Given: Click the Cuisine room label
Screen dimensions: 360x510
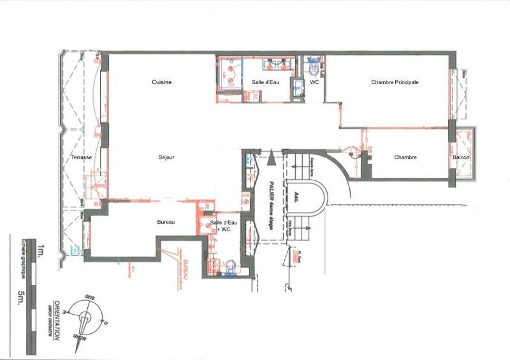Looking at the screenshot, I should (162, 82).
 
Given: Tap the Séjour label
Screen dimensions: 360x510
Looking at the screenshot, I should (167, 157).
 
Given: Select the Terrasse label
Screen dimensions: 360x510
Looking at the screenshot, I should (82, 157).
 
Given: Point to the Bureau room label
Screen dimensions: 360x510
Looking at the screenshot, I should (166, 222).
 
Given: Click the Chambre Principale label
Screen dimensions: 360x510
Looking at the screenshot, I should (395, 82).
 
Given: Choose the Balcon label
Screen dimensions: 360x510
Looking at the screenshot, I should (462, 157).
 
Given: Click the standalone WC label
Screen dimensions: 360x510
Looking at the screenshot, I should (314, 82).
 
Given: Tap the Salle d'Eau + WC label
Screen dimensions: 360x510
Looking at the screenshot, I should (223, 225).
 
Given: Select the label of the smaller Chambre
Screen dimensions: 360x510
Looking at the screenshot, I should (405, 157).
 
